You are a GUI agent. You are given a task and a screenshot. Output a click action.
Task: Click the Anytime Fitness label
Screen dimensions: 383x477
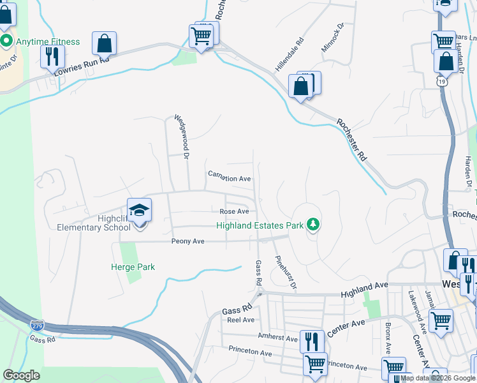(48, 42)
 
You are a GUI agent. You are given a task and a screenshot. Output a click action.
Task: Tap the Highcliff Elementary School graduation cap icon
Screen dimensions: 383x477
(139, 210)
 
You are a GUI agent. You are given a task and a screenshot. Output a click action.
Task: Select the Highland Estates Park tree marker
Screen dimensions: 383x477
(312, 224)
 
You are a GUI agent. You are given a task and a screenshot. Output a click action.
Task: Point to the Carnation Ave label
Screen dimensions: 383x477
(230, 179)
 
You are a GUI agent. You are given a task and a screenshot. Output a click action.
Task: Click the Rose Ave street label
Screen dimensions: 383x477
(234, 211)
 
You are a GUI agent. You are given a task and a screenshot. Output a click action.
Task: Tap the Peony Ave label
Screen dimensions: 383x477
(187, 241)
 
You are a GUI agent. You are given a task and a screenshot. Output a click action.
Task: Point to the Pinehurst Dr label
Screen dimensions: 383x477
(286, 273)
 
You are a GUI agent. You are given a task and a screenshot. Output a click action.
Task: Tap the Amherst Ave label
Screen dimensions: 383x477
(278, 336)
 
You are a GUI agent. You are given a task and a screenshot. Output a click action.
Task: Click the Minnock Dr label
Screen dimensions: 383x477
(333, 38)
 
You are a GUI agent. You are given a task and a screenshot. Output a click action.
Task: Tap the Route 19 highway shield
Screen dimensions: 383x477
(442, 81)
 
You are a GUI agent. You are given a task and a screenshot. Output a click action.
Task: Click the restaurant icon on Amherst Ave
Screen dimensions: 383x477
(311, 340)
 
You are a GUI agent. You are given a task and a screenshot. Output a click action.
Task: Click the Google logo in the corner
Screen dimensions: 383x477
(21, 375)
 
